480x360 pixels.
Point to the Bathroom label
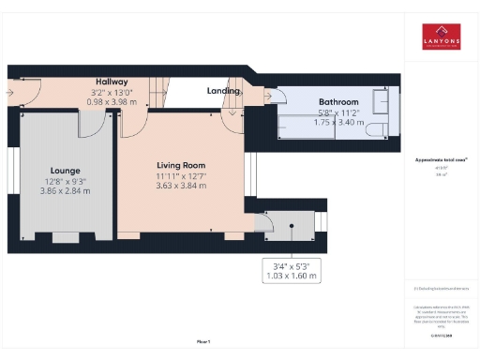[x=337, y=101]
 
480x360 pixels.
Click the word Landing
[x=223, y=90]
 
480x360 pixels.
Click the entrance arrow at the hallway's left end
[x=9, y=93]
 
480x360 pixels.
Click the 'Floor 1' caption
[x=202, y=340]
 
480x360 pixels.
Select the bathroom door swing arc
[x=277, y=97]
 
